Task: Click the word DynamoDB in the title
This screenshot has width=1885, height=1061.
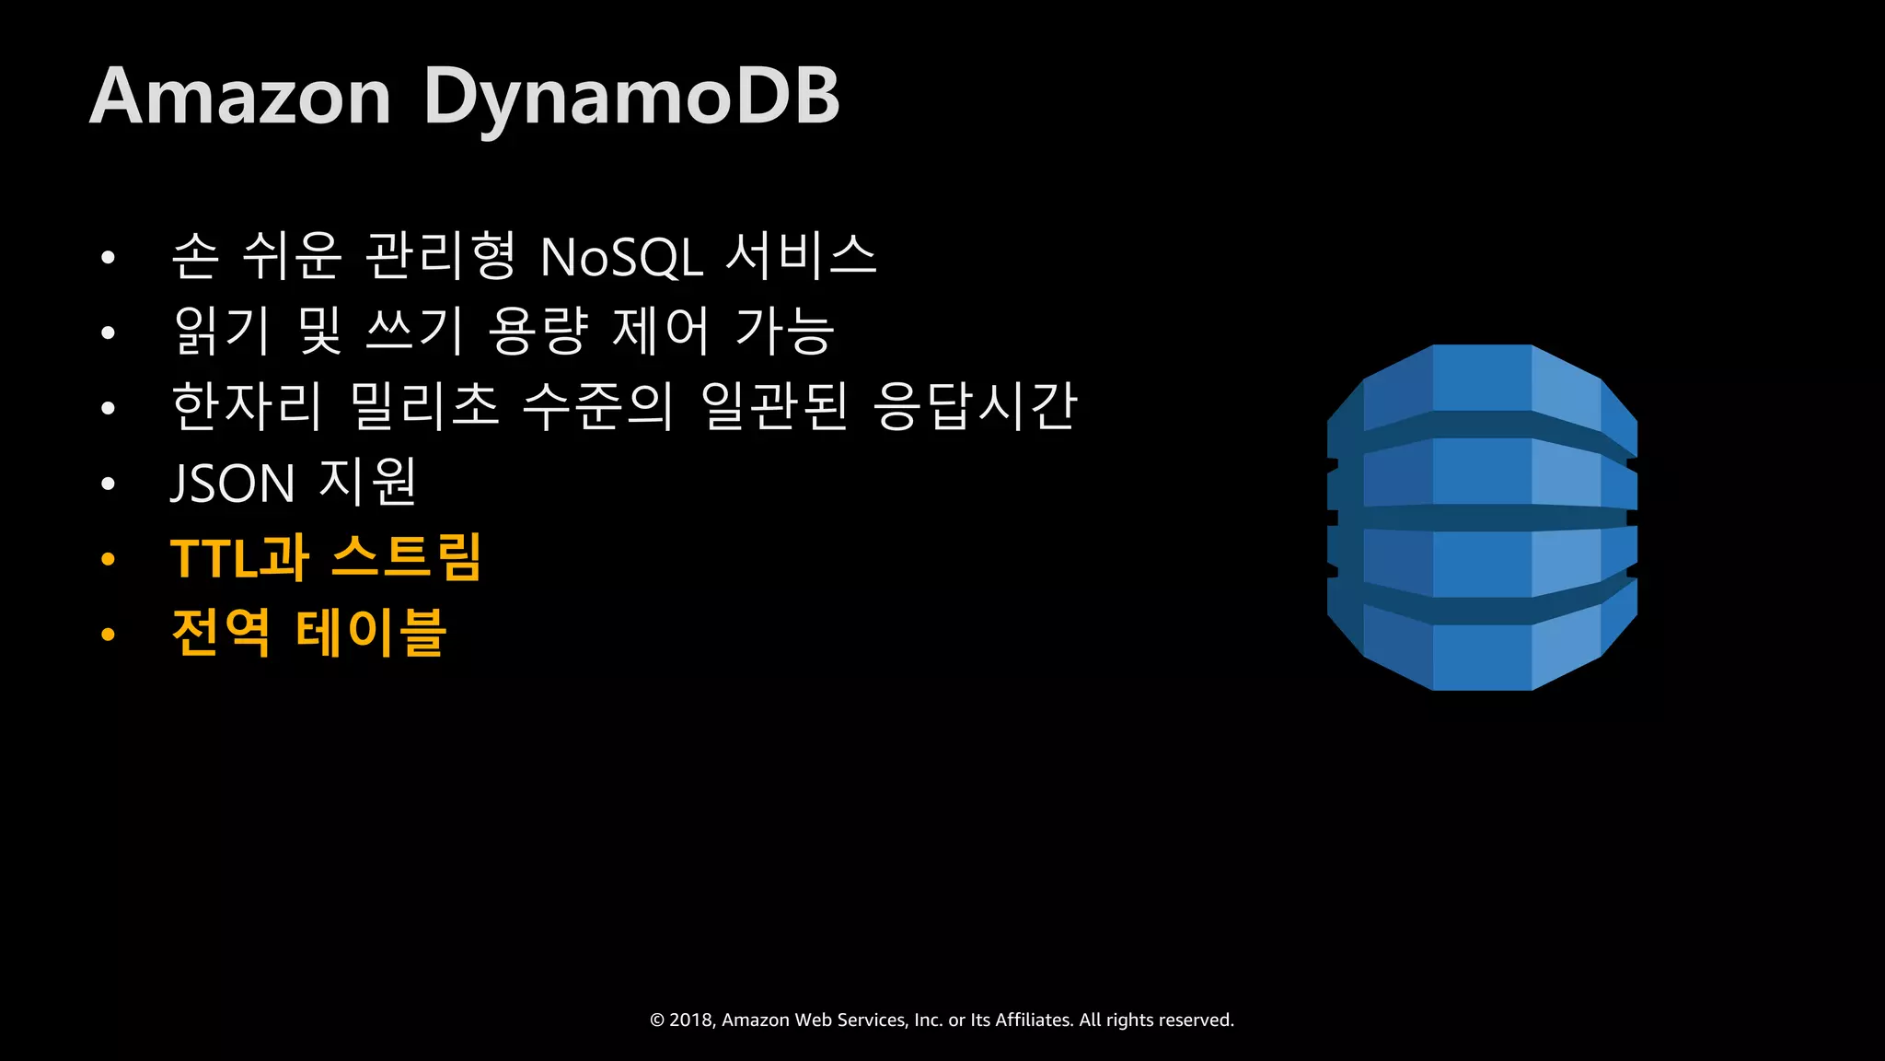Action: tap(631, 98)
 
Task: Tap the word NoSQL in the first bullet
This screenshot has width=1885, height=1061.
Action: tap(621, 257)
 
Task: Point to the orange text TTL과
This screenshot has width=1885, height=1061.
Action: tap(239, 557)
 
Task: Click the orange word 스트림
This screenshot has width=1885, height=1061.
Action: tap(406, 557)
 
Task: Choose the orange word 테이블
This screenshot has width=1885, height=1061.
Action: tap(371, 633)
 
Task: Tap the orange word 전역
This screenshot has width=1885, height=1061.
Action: tap(221, 633)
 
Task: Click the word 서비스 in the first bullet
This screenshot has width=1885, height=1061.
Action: tap(801, 255)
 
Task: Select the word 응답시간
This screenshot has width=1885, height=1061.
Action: tap(975, 406)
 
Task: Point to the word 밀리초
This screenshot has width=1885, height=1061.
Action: tap(425, 406)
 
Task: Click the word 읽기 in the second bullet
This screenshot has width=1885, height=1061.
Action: tap(222, 331)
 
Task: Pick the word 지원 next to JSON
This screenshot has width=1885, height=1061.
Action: tap(368, 482)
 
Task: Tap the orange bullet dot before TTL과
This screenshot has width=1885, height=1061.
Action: tap(109, 559)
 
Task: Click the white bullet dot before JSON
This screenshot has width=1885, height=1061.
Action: tap(109, 484)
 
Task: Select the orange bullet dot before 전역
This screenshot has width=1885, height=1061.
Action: tap(109, 635)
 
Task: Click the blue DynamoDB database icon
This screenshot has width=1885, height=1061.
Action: tap(1482, 518)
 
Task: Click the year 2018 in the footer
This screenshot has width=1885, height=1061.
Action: tap(691, 1020)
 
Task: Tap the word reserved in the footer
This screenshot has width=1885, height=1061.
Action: tap(1197, 1020)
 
